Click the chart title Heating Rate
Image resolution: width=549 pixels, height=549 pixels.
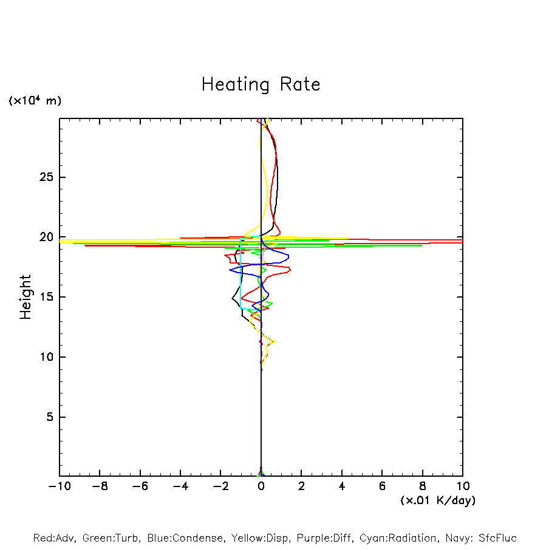pos(261,84)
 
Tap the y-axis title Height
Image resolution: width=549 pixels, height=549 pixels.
pos(26,297)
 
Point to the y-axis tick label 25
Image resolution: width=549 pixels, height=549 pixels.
pos(46,177)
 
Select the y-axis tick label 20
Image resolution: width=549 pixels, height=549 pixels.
pos(46,237)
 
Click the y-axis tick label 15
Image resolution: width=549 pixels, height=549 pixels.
pos(46,297)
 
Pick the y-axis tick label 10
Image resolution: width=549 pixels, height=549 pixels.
pos(46,357)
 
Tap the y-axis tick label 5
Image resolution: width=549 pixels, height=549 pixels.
pos(49,417)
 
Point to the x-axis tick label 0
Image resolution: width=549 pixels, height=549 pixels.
pos(261,486)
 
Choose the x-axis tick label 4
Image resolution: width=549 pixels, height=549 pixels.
pos(342,486)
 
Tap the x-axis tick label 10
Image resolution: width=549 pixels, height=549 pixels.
pos(463,486)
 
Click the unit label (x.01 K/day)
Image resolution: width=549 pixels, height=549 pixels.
pos(437,500)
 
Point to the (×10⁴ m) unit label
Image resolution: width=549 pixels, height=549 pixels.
pos(35,101)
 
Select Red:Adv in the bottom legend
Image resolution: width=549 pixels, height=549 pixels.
pos(53,538)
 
